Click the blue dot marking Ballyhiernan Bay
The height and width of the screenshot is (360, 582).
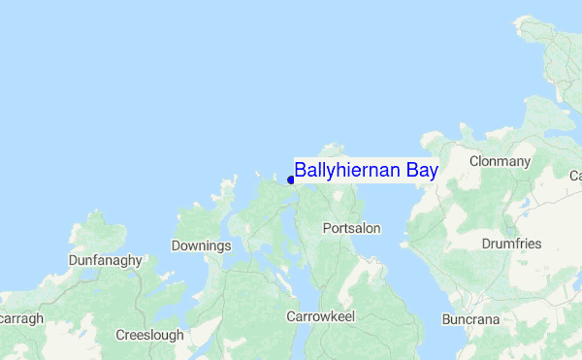(x=291, y=180)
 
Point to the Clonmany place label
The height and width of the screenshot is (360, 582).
(x=500, y=160)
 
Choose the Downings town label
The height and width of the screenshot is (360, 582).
(x=201, y=245)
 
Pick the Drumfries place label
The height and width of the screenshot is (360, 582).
(x=511, y=244)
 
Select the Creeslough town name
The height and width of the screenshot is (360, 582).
(x=149, y=335)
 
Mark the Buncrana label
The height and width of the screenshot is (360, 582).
(x=470, y=318)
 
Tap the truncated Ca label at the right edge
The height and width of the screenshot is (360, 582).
(x=574, y=176)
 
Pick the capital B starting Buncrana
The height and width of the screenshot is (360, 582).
(x=446, y=318)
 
